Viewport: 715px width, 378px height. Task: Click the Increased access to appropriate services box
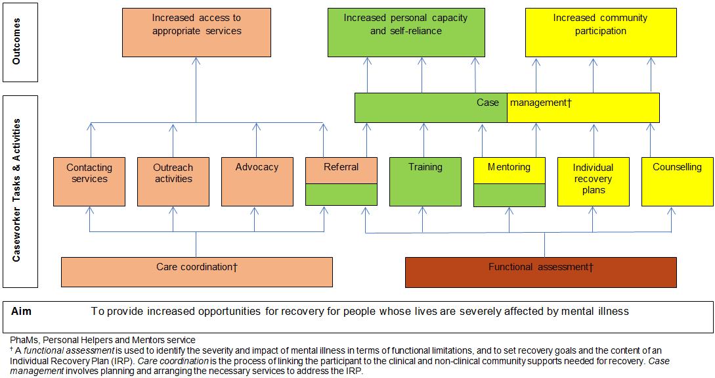point(196,32)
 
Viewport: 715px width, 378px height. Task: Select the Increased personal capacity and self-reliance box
point(406,32)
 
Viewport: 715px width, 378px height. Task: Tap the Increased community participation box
point(600,32)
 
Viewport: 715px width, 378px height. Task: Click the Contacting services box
point(89,181)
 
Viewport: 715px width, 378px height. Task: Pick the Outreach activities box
point(173,181)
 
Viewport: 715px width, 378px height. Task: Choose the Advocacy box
point(257,181)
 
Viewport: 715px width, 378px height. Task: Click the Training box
point(425,181)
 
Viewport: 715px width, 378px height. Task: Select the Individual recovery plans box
point(593,181)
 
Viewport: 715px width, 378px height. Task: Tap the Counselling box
point(677,181)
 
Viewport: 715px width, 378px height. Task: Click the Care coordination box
point(196,272)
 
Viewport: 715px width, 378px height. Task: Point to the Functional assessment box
point(540,272)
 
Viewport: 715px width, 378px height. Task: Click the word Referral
point(341,167)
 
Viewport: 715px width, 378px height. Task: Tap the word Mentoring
point(509,167)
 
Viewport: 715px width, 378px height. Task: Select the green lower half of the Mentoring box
point(509,195)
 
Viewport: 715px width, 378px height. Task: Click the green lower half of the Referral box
point(341,195)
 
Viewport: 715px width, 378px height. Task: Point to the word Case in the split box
point(488,103)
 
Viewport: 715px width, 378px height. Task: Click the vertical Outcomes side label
point(17,41)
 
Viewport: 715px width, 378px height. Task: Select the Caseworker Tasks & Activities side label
point(17,191)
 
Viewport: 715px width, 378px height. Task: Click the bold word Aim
point(22,311)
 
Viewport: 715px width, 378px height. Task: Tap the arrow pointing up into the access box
point(196,62)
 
